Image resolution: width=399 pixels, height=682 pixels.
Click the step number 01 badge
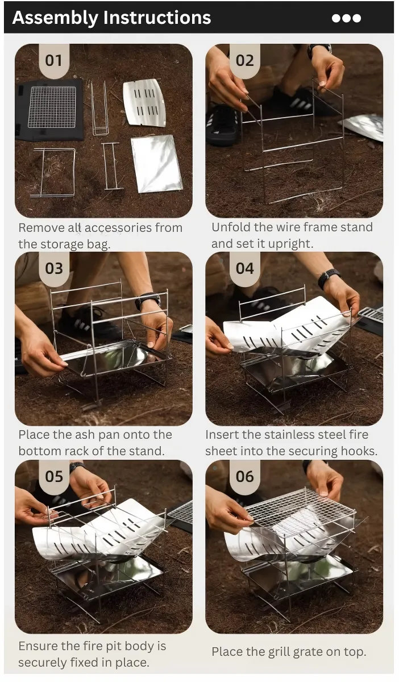tap(54, 61)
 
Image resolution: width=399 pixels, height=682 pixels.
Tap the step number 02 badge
tap(244, 61)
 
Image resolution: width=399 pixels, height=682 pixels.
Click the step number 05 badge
tap(54, 477)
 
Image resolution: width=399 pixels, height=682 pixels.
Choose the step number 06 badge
tap(244, 477)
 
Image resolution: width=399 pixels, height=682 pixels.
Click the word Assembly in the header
tap(55, 18)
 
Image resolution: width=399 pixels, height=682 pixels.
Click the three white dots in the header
tap(346, 18)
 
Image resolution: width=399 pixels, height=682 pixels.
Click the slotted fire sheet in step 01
tap(144, 103)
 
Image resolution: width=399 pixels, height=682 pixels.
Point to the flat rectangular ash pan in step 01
tap(157, 164)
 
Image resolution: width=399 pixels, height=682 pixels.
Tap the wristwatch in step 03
tap(148, 301)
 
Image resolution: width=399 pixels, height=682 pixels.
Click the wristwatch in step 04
tap(328, 278)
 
